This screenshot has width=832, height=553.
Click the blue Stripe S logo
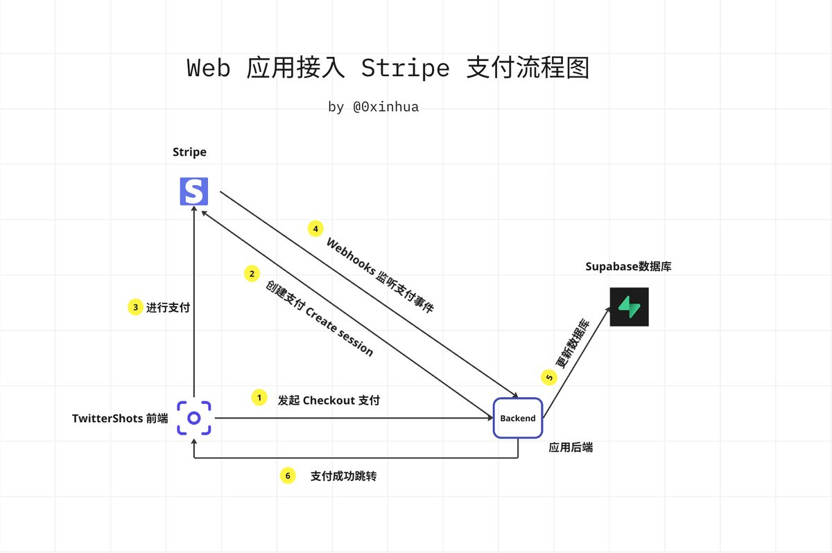tap(194, 191)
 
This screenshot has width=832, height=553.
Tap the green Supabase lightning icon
tap(630, 307)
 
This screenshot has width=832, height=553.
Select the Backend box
tap(518, 418)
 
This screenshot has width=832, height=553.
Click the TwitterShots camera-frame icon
tap(194, 418)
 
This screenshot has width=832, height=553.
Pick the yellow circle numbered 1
tap(259, 398)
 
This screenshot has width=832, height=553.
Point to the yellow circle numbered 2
tap(251, 274)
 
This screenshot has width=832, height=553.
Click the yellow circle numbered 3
tap(135, 307)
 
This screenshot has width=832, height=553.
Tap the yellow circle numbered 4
tap(315, 228)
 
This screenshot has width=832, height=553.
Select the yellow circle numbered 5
tap(549, 377)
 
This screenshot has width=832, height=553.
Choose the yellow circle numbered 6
tap(288, 476)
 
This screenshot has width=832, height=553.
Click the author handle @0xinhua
tap(386, 107)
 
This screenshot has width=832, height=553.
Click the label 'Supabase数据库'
tap(628, 266)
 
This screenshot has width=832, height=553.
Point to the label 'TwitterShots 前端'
tap(120, 419)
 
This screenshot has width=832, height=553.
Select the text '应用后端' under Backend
tap(571, 448)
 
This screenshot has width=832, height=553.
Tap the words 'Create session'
tap(340, 333)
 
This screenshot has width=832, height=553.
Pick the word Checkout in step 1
tap(329, 401)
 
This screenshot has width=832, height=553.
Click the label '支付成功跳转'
tap(343, 477)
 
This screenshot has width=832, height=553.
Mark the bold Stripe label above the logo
tap(189, 152)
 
